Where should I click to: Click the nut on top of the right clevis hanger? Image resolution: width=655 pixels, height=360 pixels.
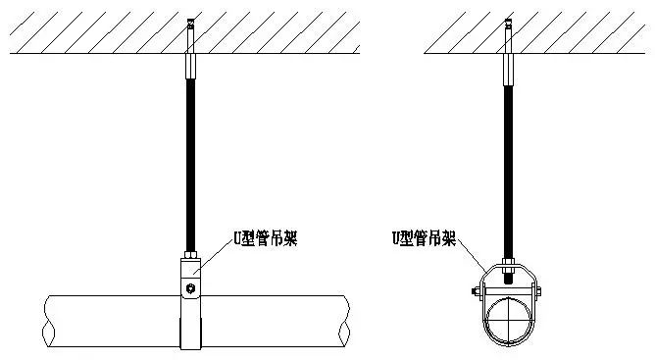pos(507,263)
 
